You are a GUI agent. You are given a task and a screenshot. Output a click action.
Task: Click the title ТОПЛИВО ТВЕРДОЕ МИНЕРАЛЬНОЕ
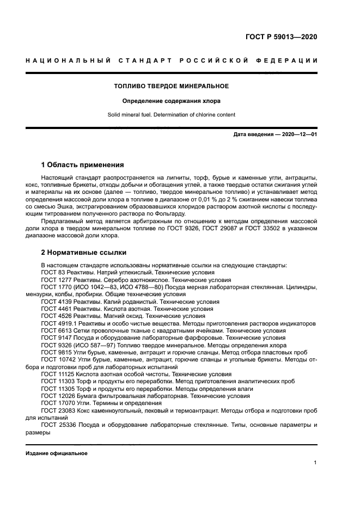tap(171, 86)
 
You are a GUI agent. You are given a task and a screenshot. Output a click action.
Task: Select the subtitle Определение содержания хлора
tap(171, 101)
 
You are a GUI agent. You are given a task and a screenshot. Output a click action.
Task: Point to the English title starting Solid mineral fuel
tap(171, 115)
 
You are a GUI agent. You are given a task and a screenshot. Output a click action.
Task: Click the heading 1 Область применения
tap(83, 164)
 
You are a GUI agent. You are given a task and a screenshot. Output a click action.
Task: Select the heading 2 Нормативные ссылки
tap(84, 253)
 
